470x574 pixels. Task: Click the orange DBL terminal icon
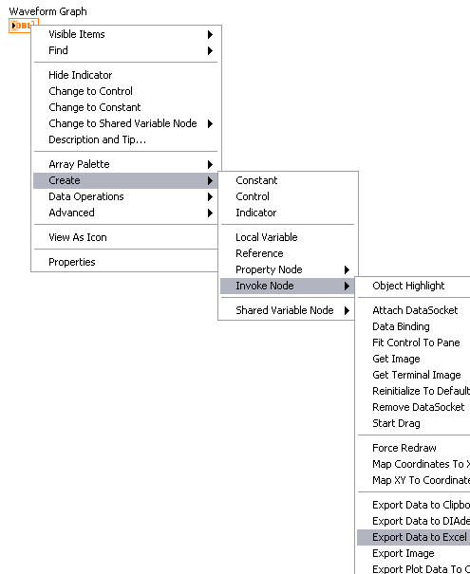point(21,25)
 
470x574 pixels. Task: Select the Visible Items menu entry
point(77,34)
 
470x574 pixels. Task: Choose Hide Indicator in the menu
point(81,75)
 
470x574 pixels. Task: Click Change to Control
point(90,91)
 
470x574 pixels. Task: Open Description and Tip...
point(98,139)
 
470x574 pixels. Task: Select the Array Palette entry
point(79,164)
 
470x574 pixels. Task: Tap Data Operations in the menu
point(86,196)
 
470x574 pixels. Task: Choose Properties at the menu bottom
point(72,262)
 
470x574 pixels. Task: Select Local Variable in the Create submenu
point(267,237)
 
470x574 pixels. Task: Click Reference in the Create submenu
point(259,253)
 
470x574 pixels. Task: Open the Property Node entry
point(269,269)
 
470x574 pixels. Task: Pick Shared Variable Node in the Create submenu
point(284,310)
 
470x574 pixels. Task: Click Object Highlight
point(408,286)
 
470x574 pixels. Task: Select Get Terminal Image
point(417,375)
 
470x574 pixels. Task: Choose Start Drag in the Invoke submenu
point(396,423)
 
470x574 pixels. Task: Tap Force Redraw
point(404,448)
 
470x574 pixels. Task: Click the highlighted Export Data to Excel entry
point(414,537)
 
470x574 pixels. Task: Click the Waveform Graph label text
point(48,11)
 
